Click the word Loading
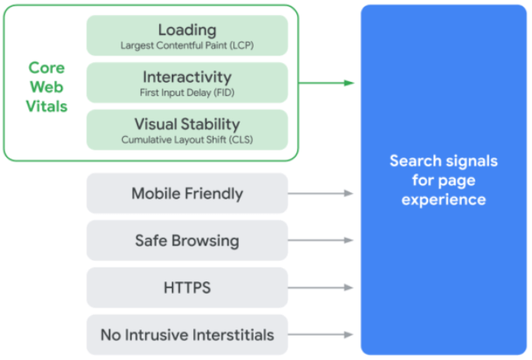click(188, 31)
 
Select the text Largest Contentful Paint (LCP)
click(188, 46)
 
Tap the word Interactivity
click(188, 77)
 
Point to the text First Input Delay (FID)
click(188, 92)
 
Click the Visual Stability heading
click(188, 124)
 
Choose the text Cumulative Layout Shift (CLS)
click(188, 139)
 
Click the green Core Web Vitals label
click(47, 87)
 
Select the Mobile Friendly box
click(188, 193)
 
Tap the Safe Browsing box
click(188, 240)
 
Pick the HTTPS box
click(188, 288)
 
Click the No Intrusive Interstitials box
click(188, 335)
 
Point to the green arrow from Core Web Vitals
click(326, 83)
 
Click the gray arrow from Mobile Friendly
click(321, 193)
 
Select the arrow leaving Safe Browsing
click(321, 240)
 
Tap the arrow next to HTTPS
click(321, 288)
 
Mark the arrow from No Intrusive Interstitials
click(321, 335)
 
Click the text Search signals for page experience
click(444, 180)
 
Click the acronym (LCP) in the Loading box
click(242, 46)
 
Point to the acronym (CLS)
click(241, 139)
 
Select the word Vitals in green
click(47, 106)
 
